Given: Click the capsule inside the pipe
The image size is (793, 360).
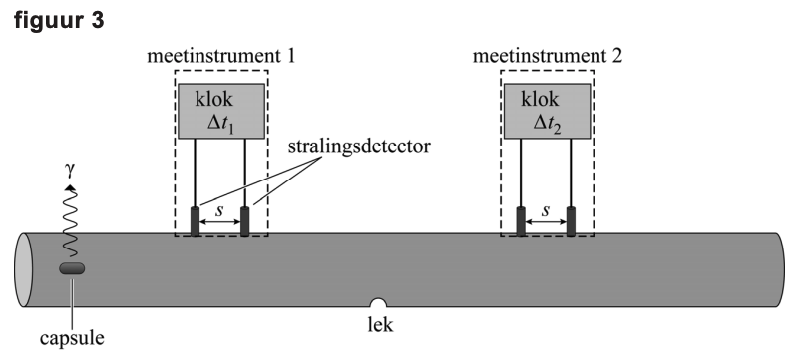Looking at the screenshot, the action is [72, 268].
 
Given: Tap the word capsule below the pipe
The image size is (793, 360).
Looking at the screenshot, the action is [72, 338].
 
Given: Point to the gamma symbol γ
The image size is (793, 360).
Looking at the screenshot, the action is [70, 171].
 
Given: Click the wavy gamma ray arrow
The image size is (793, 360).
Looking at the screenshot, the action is [70, 221].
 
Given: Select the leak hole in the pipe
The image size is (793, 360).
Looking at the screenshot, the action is [378, 302].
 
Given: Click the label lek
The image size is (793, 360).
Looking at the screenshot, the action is [380, 324].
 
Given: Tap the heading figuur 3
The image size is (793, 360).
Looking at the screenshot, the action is [59, 20].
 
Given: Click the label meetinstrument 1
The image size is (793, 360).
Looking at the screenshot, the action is [220, 56].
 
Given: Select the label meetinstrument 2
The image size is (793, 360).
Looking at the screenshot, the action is [548, 56].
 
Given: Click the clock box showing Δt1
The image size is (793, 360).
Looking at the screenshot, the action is [221, 112].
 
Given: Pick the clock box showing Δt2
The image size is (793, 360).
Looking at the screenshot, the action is [548, 112].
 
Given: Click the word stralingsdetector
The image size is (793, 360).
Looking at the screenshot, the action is [359, 147].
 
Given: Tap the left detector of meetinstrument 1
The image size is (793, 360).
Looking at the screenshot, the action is [196, 221].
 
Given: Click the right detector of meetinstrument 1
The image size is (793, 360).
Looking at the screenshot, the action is [245, 221].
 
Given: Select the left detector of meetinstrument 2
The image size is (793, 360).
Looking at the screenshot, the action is [521, 221].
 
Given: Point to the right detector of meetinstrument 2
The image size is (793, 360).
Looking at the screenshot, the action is [571, 221].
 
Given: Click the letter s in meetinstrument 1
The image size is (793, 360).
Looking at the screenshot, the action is [219, 210].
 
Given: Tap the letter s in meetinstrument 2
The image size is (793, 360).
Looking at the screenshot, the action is [546, 210].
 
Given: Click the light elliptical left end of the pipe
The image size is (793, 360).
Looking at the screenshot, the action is [23, 270].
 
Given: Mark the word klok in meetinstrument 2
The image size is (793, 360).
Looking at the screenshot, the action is [540, 99].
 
